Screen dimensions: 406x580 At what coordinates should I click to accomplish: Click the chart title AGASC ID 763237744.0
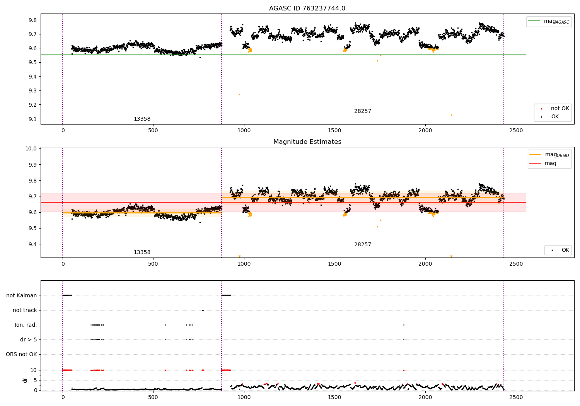307,9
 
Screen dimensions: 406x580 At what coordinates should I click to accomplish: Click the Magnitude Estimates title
307,142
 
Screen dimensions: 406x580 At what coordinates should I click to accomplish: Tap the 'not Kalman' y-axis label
22,295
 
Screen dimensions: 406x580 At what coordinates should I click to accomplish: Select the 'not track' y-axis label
25,310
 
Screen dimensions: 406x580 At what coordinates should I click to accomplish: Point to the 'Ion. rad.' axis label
26,325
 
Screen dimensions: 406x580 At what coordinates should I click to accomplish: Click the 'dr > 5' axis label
29,339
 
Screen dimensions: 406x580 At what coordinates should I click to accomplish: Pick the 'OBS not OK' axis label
22,354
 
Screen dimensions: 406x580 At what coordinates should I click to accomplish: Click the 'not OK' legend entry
560,109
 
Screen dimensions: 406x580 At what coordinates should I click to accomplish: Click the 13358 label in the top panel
142,119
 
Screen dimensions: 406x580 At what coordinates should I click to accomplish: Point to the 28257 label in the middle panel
362,245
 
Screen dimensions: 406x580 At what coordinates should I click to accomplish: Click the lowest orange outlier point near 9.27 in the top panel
239,94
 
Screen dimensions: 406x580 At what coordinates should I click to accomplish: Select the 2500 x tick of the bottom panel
516,397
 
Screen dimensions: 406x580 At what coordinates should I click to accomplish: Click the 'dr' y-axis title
25,380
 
